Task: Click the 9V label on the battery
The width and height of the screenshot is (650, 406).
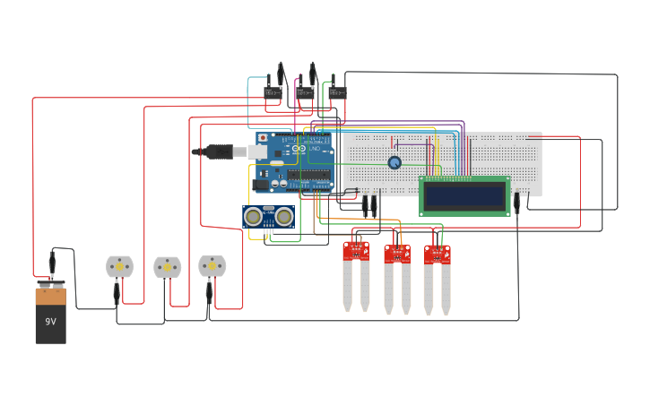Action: [x=50, y=321]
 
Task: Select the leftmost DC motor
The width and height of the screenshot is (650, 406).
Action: [x=119, y=266]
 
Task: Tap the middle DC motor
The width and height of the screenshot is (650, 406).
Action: [x=167, y=267]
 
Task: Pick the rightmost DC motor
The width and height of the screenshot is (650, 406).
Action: [x=212, y=265]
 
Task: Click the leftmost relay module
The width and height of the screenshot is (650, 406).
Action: [x=273, y=91]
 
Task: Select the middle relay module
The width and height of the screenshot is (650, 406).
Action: [x=305, y=91]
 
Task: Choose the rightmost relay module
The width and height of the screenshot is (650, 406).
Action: [x=337, y=91]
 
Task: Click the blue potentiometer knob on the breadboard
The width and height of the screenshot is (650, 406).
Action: [x=394, y=162]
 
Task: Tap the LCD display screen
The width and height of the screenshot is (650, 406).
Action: [x=464, y=195]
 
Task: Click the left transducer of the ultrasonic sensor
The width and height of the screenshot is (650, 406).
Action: [x=254, y=216]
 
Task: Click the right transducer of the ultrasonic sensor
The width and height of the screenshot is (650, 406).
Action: [x=283, y=216]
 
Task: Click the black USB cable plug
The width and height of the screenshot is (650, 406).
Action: [x=219, y=152]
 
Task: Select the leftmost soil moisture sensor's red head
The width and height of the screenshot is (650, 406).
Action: [x=356, y=251]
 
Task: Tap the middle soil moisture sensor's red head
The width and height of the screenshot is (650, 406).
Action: [x=397, y=254]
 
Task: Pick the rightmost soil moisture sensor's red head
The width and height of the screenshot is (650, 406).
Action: [x=438, y=254]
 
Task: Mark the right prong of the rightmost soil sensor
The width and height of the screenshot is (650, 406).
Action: [x=446, y=289]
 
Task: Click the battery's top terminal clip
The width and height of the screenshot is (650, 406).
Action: [x=51, y=284]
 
